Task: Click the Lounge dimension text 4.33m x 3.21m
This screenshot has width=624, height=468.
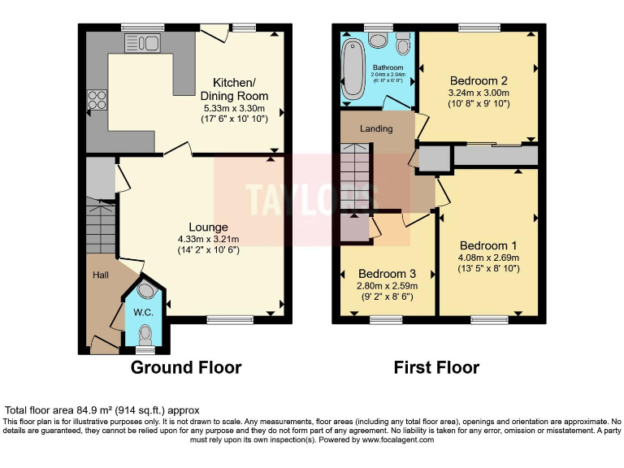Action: click(x=204, y=239)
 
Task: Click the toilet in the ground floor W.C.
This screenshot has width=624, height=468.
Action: click(x=144, y=333)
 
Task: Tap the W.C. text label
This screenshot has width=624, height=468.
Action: click(x=143, y=312)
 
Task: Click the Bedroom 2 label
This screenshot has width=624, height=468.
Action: click(x=479, y=80)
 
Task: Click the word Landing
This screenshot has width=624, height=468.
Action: click(x=376, y=128)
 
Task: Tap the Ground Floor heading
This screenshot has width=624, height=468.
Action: click(x=186, y=367)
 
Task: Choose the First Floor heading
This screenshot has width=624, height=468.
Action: click(x=436, y=367)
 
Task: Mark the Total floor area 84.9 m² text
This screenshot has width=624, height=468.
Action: click(x=102, y=410)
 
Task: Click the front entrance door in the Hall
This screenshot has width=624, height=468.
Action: click(x=103, y=347)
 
